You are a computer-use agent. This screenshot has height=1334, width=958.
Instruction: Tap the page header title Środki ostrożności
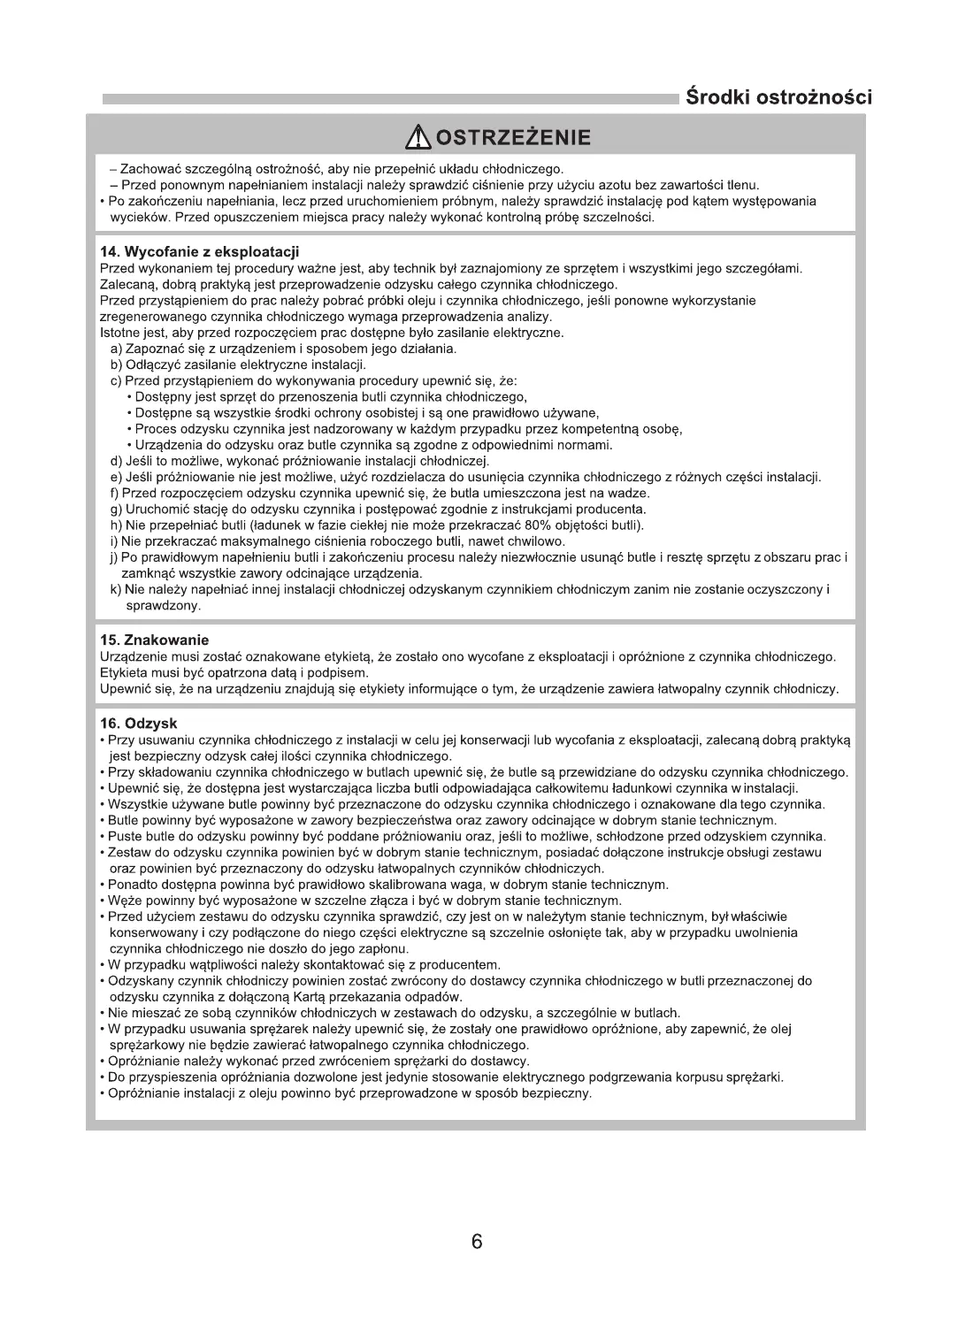tap(778, 96)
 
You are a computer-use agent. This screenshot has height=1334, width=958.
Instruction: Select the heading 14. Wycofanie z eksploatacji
tap(199, 253)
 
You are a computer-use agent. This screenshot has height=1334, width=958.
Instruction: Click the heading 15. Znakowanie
tap(154, 640)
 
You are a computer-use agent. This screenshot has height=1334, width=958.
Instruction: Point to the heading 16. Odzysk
tap(139, 724)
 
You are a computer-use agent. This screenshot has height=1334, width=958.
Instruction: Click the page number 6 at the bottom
tap(477, 1242)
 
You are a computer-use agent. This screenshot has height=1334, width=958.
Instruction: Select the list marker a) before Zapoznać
tap(116, 349)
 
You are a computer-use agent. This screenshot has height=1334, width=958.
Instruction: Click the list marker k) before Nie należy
tap(115, 589)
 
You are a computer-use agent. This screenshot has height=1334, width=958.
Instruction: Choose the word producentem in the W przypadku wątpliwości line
tap(456, 964)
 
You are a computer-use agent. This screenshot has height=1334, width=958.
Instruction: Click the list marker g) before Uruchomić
tap(116, 509)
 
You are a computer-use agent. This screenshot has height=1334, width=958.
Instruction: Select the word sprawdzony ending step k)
tap(164, 606)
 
